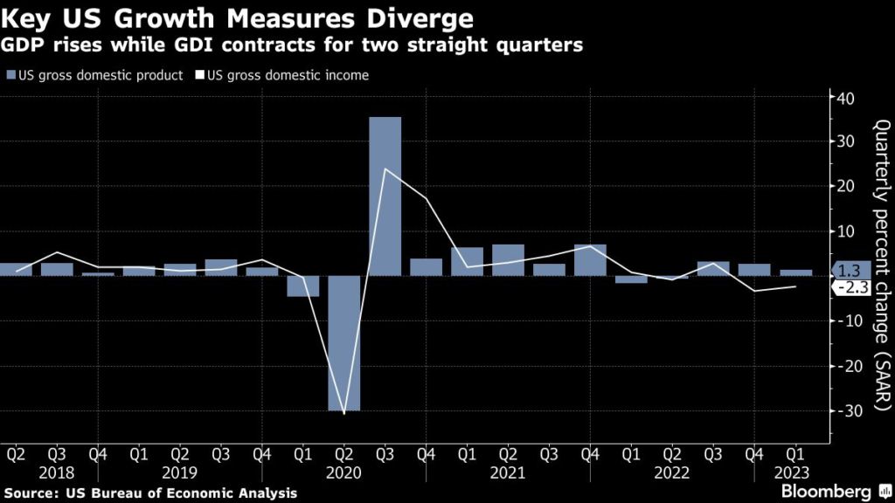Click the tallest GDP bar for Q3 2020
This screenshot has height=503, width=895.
point(385,196)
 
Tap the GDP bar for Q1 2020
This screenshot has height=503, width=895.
point(303,286)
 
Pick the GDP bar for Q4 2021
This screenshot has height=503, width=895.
point(590,260)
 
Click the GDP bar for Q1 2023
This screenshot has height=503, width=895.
point(795,272)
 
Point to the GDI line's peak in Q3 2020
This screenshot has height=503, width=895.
point(385,169)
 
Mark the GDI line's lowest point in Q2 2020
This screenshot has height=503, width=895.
point(344,413)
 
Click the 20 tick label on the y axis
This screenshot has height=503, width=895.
point(845,187)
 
